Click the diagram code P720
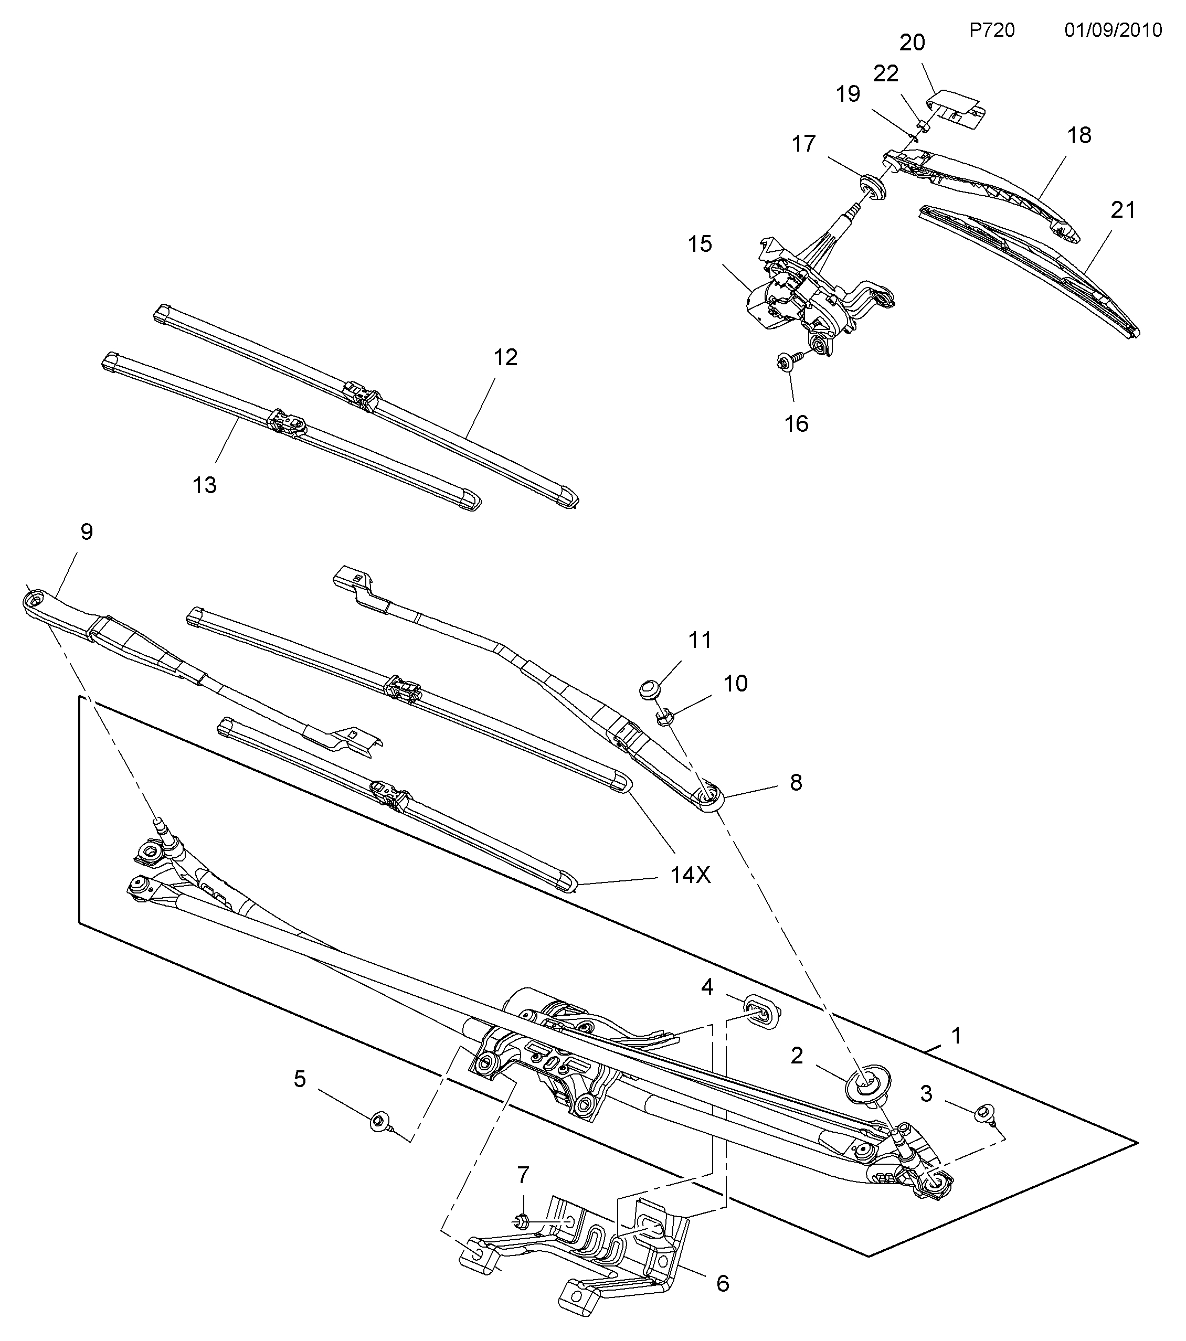click(x=992, y=30)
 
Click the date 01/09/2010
click(x=1113, y=30)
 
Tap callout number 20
click(x=912, y=42)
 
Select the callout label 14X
click(x=691, y=875)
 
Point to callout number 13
click(x=204, y=485)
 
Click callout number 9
click(x=87, y=531)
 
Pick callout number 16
click(x=796, y=423)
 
